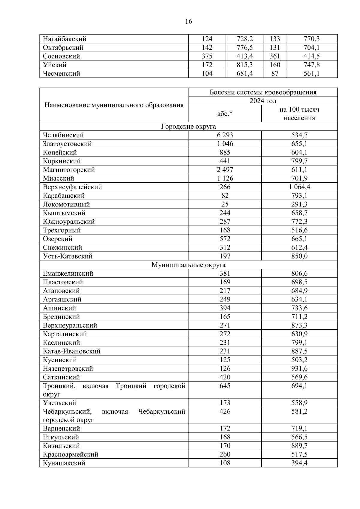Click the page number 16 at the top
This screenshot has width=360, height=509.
tap(189, 22)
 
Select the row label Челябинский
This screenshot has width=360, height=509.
tap(63, 135)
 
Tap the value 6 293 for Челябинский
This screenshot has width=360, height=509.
tap(225, 135)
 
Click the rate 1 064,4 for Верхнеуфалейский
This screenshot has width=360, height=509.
tap(299, 187)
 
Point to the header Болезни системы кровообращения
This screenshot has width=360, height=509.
tap(263, 92)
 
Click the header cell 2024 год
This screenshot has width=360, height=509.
tap(263, 101)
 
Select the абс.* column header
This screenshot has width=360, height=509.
tap(225, 114)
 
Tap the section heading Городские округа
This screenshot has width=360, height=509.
tap(188, 127)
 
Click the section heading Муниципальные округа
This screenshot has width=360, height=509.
tap(188, 265)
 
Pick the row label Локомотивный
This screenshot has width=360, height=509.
tap(66, 205)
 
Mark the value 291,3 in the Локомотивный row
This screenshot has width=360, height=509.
tap(299, 205)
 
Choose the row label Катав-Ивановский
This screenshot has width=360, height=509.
tap(72, 351)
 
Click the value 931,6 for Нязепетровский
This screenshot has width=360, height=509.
tap(299, 369)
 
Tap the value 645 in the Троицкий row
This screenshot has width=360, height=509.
tap(225, 386)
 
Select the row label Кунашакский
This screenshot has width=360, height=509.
tap(64, 463)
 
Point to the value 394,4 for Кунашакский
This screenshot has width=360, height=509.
tap(299, 463)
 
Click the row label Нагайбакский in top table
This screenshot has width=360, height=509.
tap(64, 39)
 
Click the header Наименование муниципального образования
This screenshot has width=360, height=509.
tap(114, 105)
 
